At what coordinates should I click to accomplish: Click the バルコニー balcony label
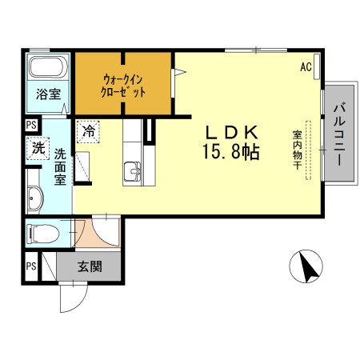tap(338, 134)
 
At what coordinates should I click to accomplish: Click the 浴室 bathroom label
tap(48, 94)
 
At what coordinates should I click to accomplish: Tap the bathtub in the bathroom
tap(48, 69)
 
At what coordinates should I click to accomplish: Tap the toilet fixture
tap(42, 234)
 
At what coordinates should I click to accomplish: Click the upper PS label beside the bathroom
tap(30, 124)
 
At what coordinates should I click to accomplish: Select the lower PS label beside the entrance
tap(30, 266)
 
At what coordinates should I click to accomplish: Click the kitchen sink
tap(133, 170)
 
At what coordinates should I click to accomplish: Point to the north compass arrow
tap(306, 267)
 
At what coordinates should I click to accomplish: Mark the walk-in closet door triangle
tap(180, 74)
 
